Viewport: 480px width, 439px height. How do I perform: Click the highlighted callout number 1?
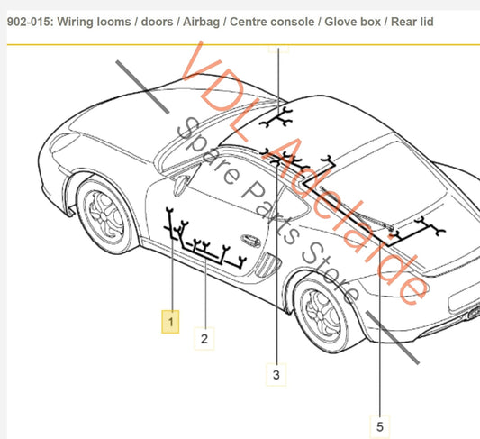170,320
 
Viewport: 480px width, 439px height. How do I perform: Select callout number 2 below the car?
204,339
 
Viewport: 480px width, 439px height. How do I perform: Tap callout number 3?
276,374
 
